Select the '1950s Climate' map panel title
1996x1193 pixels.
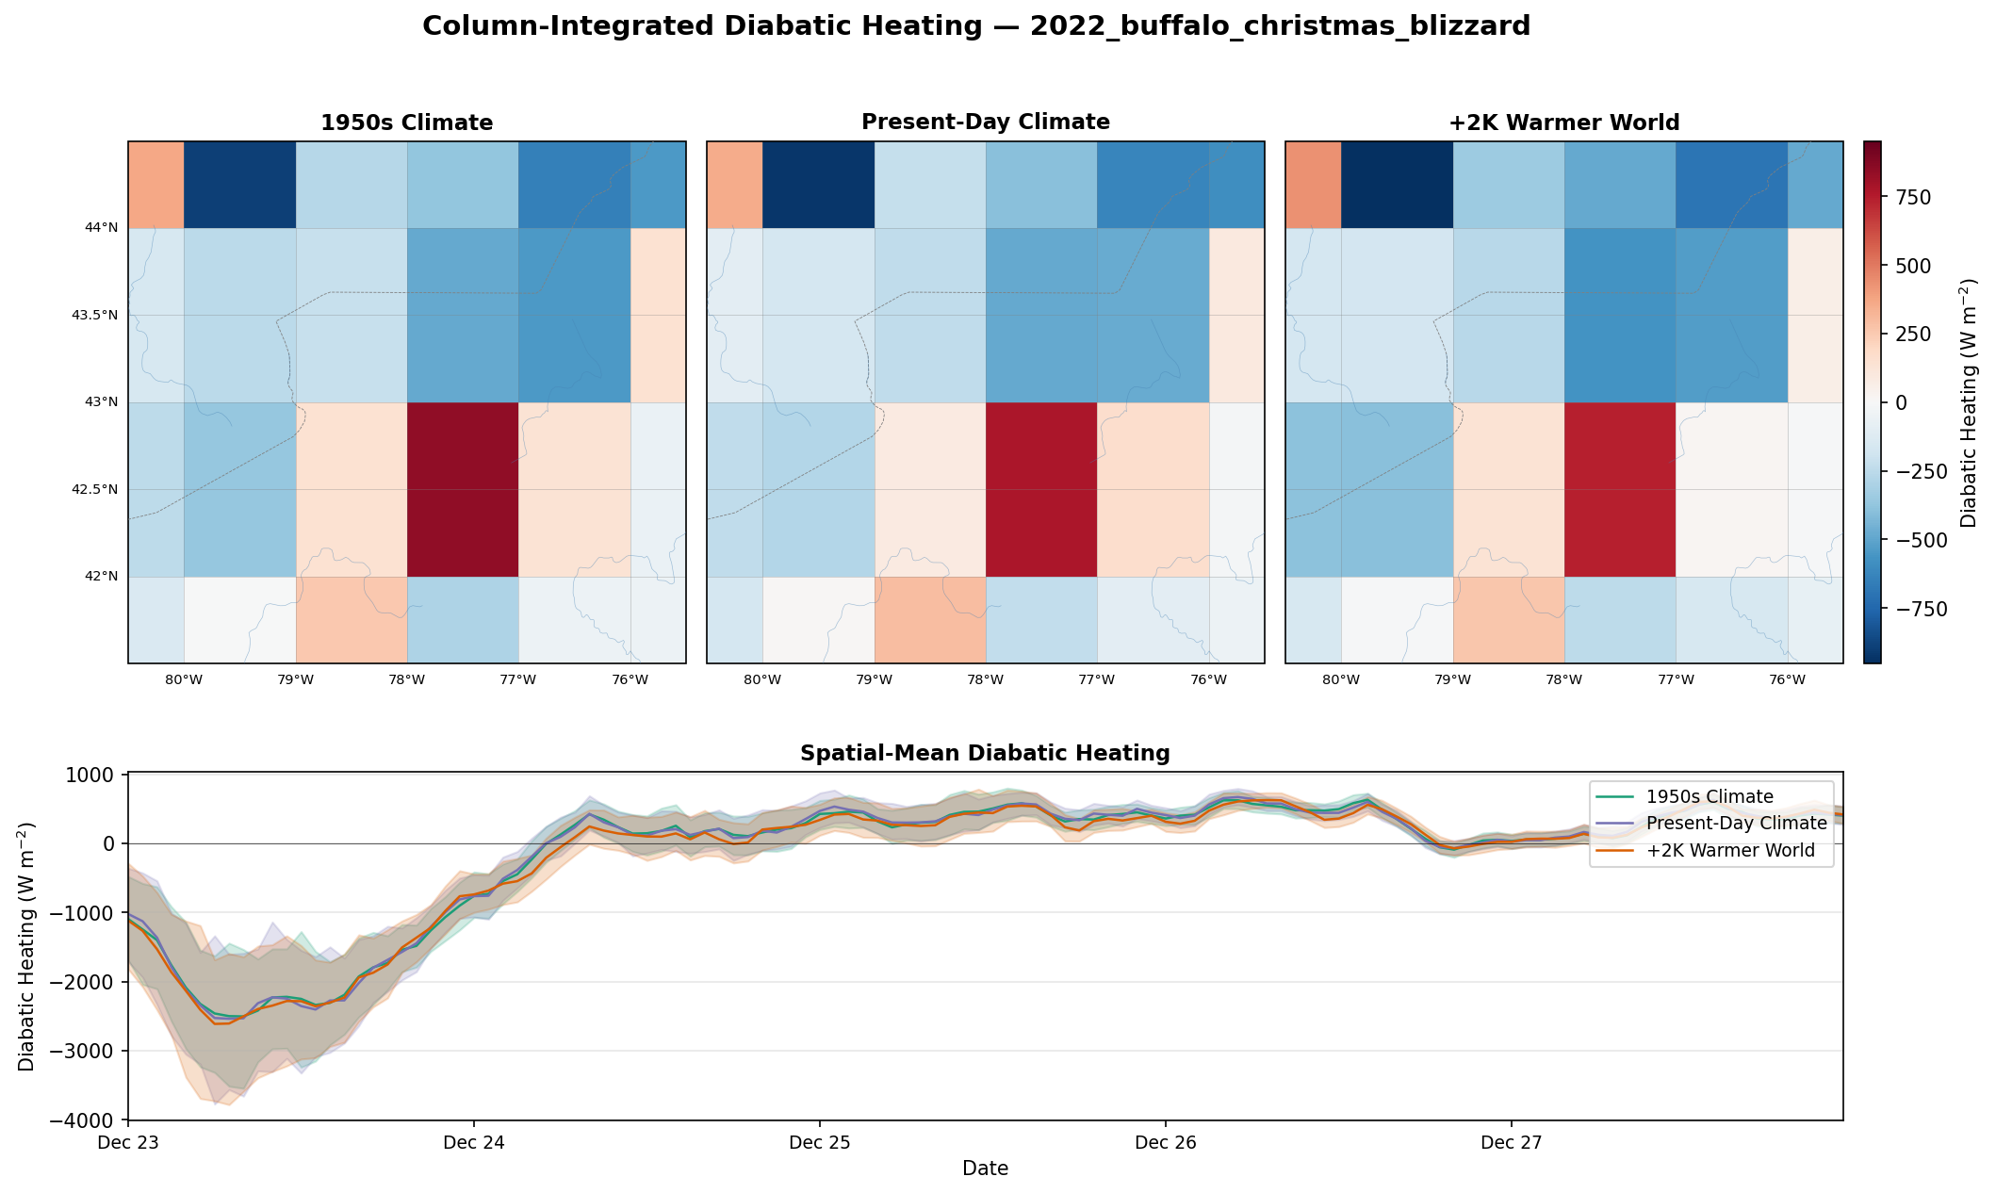click(x=407, y=123)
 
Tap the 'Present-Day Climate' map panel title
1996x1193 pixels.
click(x=986, y=123)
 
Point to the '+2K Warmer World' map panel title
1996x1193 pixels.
click(x=1564, y=123)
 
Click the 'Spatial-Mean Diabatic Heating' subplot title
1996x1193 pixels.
click(x=985, y=753)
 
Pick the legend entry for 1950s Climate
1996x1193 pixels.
click(x=1710, y=797)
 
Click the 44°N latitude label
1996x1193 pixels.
click(x=102, y=228)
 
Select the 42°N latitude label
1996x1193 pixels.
click(x=102, y=577)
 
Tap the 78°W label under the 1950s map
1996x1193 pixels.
click(x=407, y=680)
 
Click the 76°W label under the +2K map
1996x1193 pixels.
click(x=1788, y=680)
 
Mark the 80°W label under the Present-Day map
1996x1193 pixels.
click(x=762, y=680)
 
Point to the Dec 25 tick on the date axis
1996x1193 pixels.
click(x=820, y=1143)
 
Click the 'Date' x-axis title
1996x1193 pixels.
click(x=986, y=1168)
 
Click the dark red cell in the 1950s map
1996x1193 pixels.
click(x=463, y=490)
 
